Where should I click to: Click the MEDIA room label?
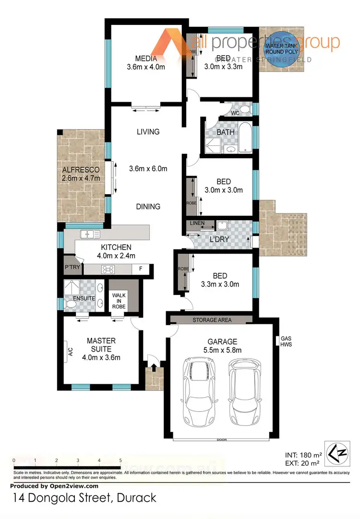[x=145, y=59]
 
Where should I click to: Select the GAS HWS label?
[x=286, y=341]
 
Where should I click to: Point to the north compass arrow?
[x=336, y=452]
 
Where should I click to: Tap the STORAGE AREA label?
[x=212, y=320]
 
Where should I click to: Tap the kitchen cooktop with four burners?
[x=107, y=270]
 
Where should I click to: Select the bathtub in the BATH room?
[x=244, y=139]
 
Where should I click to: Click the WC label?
[x=235, y=113]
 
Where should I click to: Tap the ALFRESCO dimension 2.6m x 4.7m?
[x=80, y=178]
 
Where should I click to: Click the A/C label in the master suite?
[x=70, y=353]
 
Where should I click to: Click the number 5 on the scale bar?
[x=120, y=460]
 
